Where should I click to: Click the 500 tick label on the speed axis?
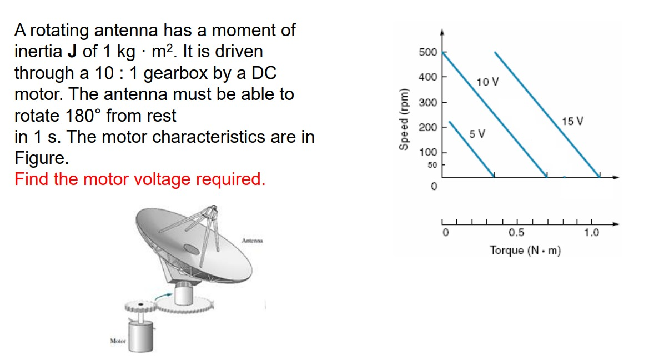coord(427,53)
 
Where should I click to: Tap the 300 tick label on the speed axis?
coord(427,103)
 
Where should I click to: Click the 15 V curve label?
coord(572,121)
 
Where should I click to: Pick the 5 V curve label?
coord(477,134)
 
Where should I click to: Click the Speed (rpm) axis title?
coord(404,118)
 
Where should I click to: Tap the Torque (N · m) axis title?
coord(525,251)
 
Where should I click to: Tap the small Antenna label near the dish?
coord(252,241)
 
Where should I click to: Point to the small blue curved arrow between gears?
coord(163,298)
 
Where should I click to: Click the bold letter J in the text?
coord(72,52)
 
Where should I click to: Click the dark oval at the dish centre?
coord(192,249)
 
